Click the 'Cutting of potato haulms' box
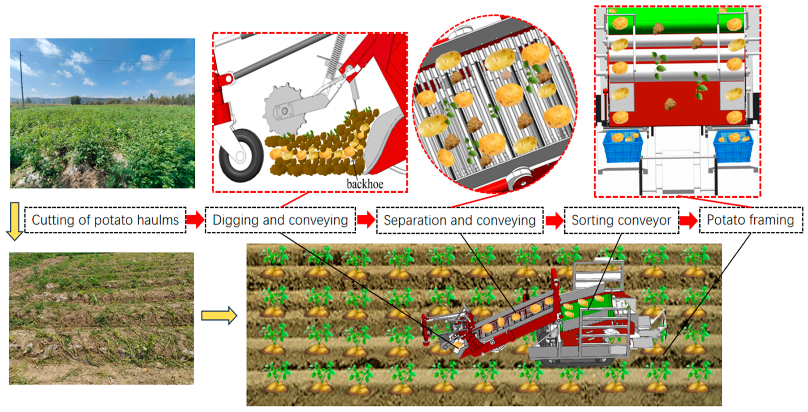coord(105,220)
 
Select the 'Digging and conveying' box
coord(280,220)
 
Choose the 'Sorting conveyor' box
coord(621,220)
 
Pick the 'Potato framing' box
coord(751,220)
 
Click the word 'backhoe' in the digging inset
coord(365,184)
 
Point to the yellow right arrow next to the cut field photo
coord(219,315)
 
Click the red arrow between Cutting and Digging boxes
coord(195,220)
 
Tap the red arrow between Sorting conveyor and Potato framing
coord(689,220)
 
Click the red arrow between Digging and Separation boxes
coord(366,220)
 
